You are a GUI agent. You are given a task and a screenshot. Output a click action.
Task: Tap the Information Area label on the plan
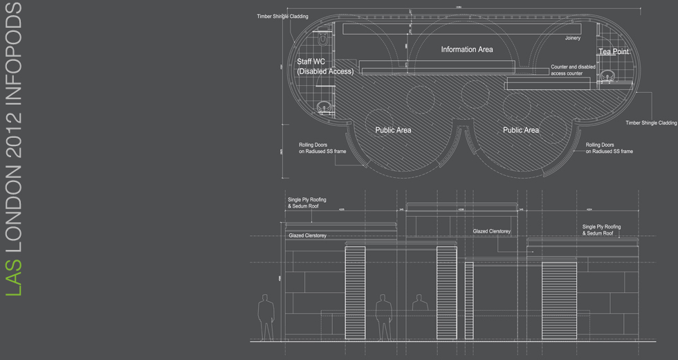pos(467,50)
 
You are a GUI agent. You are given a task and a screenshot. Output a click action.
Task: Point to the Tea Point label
pos(614,52)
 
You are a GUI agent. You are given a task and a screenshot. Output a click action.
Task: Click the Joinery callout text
pos(572,38)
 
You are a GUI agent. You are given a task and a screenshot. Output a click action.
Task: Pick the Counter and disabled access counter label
pos(573,70)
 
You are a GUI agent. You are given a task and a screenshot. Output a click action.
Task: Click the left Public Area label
pos(393,130)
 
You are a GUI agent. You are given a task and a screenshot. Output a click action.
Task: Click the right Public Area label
pos(521,130)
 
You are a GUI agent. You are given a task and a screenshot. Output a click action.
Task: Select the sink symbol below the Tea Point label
pos(609,75)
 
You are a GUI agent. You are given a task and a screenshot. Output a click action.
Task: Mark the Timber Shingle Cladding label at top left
pos(282,17)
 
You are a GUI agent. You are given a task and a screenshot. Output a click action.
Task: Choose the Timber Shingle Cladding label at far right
pos(651,123)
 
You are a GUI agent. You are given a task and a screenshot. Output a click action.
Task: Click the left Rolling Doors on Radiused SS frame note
pos(322,148)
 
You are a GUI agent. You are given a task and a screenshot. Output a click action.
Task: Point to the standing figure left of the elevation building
pos(265,317)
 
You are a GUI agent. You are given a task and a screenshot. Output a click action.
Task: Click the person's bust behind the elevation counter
pos(419,303)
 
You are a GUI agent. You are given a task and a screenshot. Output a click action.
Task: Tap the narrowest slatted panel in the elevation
pos(469,300)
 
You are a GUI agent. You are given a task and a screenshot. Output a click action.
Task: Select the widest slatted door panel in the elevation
pos(559,300)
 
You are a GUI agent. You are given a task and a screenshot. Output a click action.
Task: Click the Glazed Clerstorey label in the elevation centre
pos(492,231)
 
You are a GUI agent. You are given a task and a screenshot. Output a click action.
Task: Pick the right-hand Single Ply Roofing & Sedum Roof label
pos(601,230)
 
